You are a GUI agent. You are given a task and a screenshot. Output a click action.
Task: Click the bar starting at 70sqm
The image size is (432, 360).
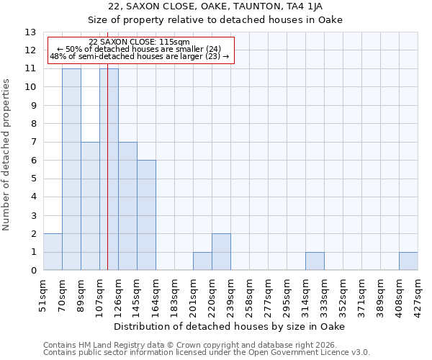pos(71,169)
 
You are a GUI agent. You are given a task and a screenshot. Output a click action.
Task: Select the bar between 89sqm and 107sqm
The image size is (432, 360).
pos(90,206)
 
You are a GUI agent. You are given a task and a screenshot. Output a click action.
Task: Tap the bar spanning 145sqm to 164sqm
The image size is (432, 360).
pos(146,215)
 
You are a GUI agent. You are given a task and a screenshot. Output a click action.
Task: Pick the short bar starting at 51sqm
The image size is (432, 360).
pos(53,252)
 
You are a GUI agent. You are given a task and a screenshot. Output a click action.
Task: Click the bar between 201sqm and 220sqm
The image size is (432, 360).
pos(202,261)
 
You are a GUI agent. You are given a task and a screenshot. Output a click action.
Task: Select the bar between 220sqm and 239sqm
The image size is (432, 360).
pos(221,252)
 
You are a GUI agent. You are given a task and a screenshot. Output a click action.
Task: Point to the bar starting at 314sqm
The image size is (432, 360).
pos(315,261)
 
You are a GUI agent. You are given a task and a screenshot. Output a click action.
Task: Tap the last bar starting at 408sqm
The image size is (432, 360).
pos(408,261)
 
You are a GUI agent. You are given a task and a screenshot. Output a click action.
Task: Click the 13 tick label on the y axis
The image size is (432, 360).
pos(30,32)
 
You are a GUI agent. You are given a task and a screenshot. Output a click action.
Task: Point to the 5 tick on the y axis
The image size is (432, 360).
pos(33,179)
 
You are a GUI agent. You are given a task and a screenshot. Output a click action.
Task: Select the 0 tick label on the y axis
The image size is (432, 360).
pos(33,271)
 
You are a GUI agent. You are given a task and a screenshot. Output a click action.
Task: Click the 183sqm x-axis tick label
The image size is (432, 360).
pos(174,294)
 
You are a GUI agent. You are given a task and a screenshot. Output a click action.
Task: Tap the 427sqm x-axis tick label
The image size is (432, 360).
pos(418,294)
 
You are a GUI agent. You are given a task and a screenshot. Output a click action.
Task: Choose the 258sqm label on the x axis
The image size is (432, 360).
pos(249,294)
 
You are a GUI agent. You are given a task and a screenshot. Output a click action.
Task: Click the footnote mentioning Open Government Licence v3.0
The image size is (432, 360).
pos(207,352)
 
